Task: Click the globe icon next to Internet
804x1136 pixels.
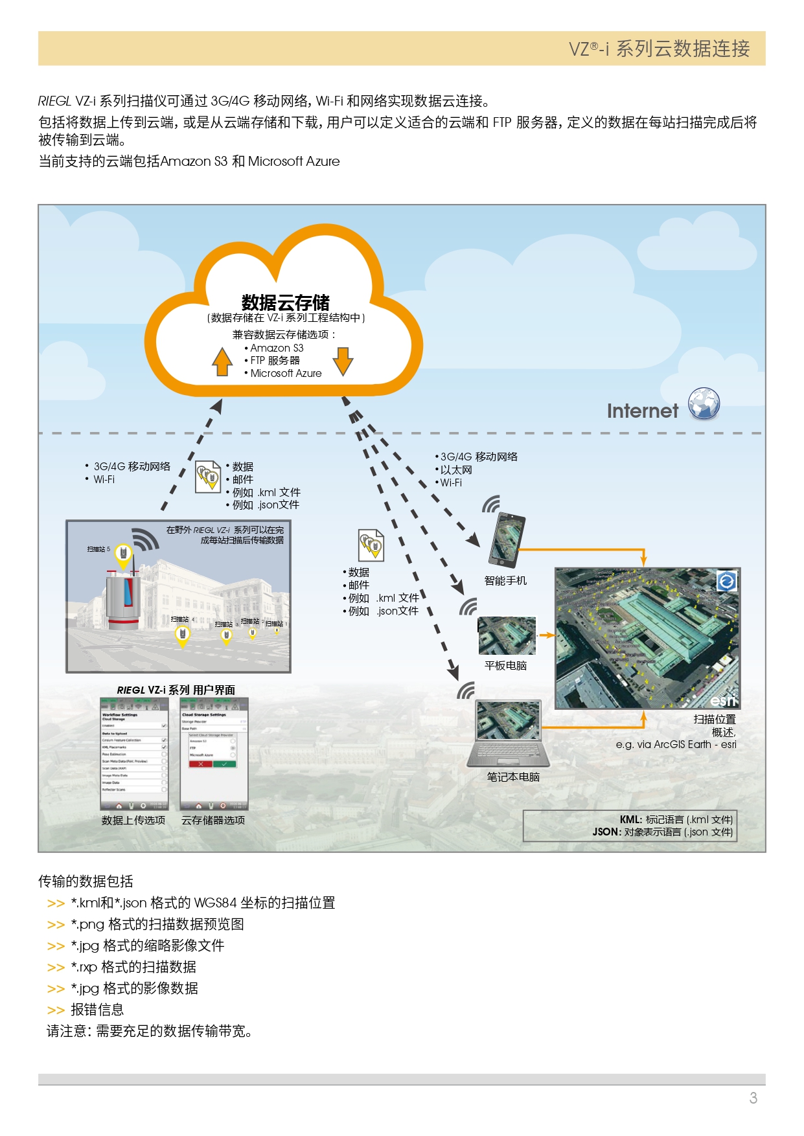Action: [704, 403]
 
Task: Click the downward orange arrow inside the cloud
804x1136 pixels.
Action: [343, 361]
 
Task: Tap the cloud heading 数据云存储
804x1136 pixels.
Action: [285, 302]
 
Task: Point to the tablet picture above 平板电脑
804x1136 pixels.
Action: [507, 636]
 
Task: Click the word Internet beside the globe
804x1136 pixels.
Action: [642, 411]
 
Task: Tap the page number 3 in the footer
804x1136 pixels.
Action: [753, 1098]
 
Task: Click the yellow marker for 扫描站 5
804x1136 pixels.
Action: [123, 554]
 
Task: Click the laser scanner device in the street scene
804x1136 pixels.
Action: [122, 599]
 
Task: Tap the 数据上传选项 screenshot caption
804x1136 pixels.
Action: [133, 820]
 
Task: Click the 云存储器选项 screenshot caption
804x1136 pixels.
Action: [213, 820]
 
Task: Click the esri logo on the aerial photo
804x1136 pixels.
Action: [722, 701]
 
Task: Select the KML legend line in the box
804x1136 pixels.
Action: [676, 819]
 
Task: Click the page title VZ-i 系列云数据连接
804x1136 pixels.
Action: [659, 49]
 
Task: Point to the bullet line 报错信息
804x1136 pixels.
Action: [97, 1010]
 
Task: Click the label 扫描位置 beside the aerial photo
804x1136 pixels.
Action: [714, 719]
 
